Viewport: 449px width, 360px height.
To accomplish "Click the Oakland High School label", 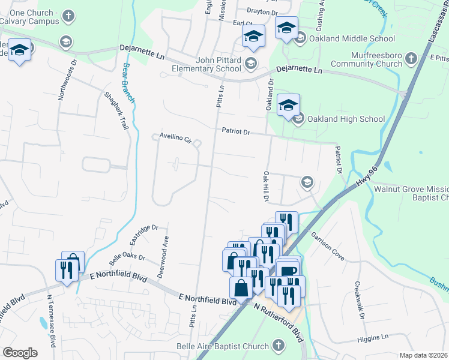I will click(x=346, y=119).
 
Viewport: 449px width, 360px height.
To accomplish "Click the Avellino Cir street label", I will click(x=175, y=139).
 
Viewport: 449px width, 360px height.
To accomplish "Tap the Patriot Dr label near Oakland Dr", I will click(x=235, y=131).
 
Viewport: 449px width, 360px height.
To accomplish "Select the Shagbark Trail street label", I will click(x=116, y=111).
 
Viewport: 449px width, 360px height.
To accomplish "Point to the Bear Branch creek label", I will click(x=128, y=82).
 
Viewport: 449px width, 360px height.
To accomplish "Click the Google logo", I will click(x=20, y=352).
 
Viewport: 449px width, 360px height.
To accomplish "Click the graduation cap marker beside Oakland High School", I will click(x=288, y=106).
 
